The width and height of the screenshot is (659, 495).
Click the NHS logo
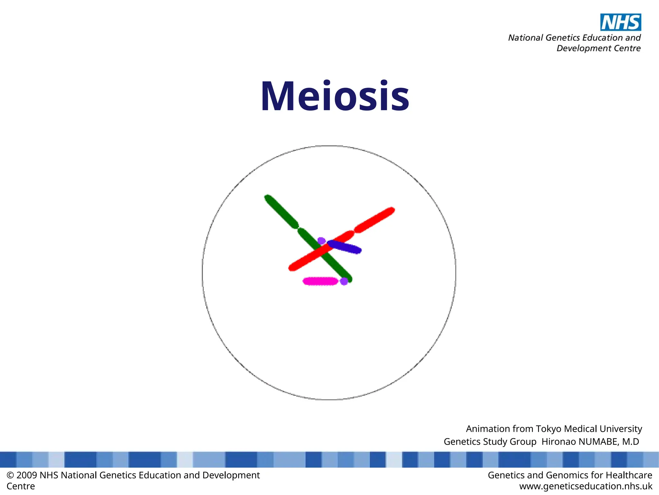click(x=620, y=22)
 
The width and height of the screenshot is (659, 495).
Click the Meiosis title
click(x=335, y=96)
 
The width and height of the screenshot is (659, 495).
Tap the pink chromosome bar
click(x=320, y=281)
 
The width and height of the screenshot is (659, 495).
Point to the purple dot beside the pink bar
click(x=344, y=281)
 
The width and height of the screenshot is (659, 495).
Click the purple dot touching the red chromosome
click(x=321, y=241)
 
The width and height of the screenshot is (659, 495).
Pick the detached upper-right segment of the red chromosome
click(x=375, y=220)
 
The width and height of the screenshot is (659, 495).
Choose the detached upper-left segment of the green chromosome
click(x=281, y=212)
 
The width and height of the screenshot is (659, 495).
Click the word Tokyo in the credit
click(x=549, y=429)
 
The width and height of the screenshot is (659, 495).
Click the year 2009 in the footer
click(x=27, y=475)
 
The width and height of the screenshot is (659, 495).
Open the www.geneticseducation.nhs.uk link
click(x=586, y=486)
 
